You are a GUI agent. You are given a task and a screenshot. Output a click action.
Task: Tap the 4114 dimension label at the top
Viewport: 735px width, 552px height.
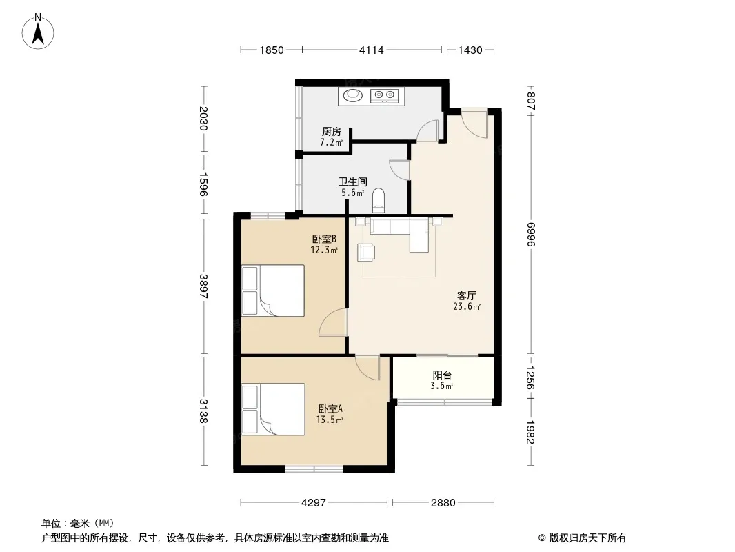tap(371, 50)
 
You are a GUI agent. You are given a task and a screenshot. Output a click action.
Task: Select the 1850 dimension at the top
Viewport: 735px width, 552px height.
tap(272, 50)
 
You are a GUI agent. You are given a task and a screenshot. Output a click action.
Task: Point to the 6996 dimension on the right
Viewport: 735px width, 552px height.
tap(531, 234)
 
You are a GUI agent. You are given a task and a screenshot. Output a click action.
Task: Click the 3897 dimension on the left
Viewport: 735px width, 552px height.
tap(203, 286)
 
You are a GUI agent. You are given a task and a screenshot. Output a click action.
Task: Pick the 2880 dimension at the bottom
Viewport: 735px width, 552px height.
tap(443, 503)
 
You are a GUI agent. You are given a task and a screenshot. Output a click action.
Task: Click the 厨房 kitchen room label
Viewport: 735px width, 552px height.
tap(332, 132)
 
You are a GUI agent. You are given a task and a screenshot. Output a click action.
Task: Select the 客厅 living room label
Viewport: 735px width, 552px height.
tap(467, 296)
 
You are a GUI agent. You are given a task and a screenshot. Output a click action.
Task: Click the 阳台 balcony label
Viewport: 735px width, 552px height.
tap(442, 375)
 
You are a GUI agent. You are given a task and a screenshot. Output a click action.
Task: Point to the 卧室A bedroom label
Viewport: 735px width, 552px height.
tap(330, 409)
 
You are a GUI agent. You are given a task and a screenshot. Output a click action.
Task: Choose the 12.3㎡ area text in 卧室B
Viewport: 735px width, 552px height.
tap(324, 250)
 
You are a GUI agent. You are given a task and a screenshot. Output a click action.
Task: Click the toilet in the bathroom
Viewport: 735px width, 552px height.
tap(378, 200)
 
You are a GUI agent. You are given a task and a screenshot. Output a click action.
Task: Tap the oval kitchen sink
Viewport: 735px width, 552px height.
tap(353, 96)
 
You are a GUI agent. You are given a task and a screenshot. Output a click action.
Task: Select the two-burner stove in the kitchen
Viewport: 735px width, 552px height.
tap(384, 96)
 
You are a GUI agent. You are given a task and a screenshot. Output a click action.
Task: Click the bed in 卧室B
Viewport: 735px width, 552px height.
tap(273, 290)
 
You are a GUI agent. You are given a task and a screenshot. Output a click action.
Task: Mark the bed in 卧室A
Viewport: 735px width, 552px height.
tap(273, 409)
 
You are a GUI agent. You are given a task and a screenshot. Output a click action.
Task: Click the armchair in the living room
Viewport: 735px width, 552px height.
tap(365, 252)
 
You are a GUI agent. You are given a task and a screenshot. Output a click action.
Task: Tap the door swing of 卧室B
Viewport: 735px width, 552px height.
tap(333, 323)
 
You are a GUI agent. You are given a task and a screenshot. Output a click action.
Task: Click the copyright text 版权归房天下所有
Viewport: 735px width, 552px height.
tap(587, 538)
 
